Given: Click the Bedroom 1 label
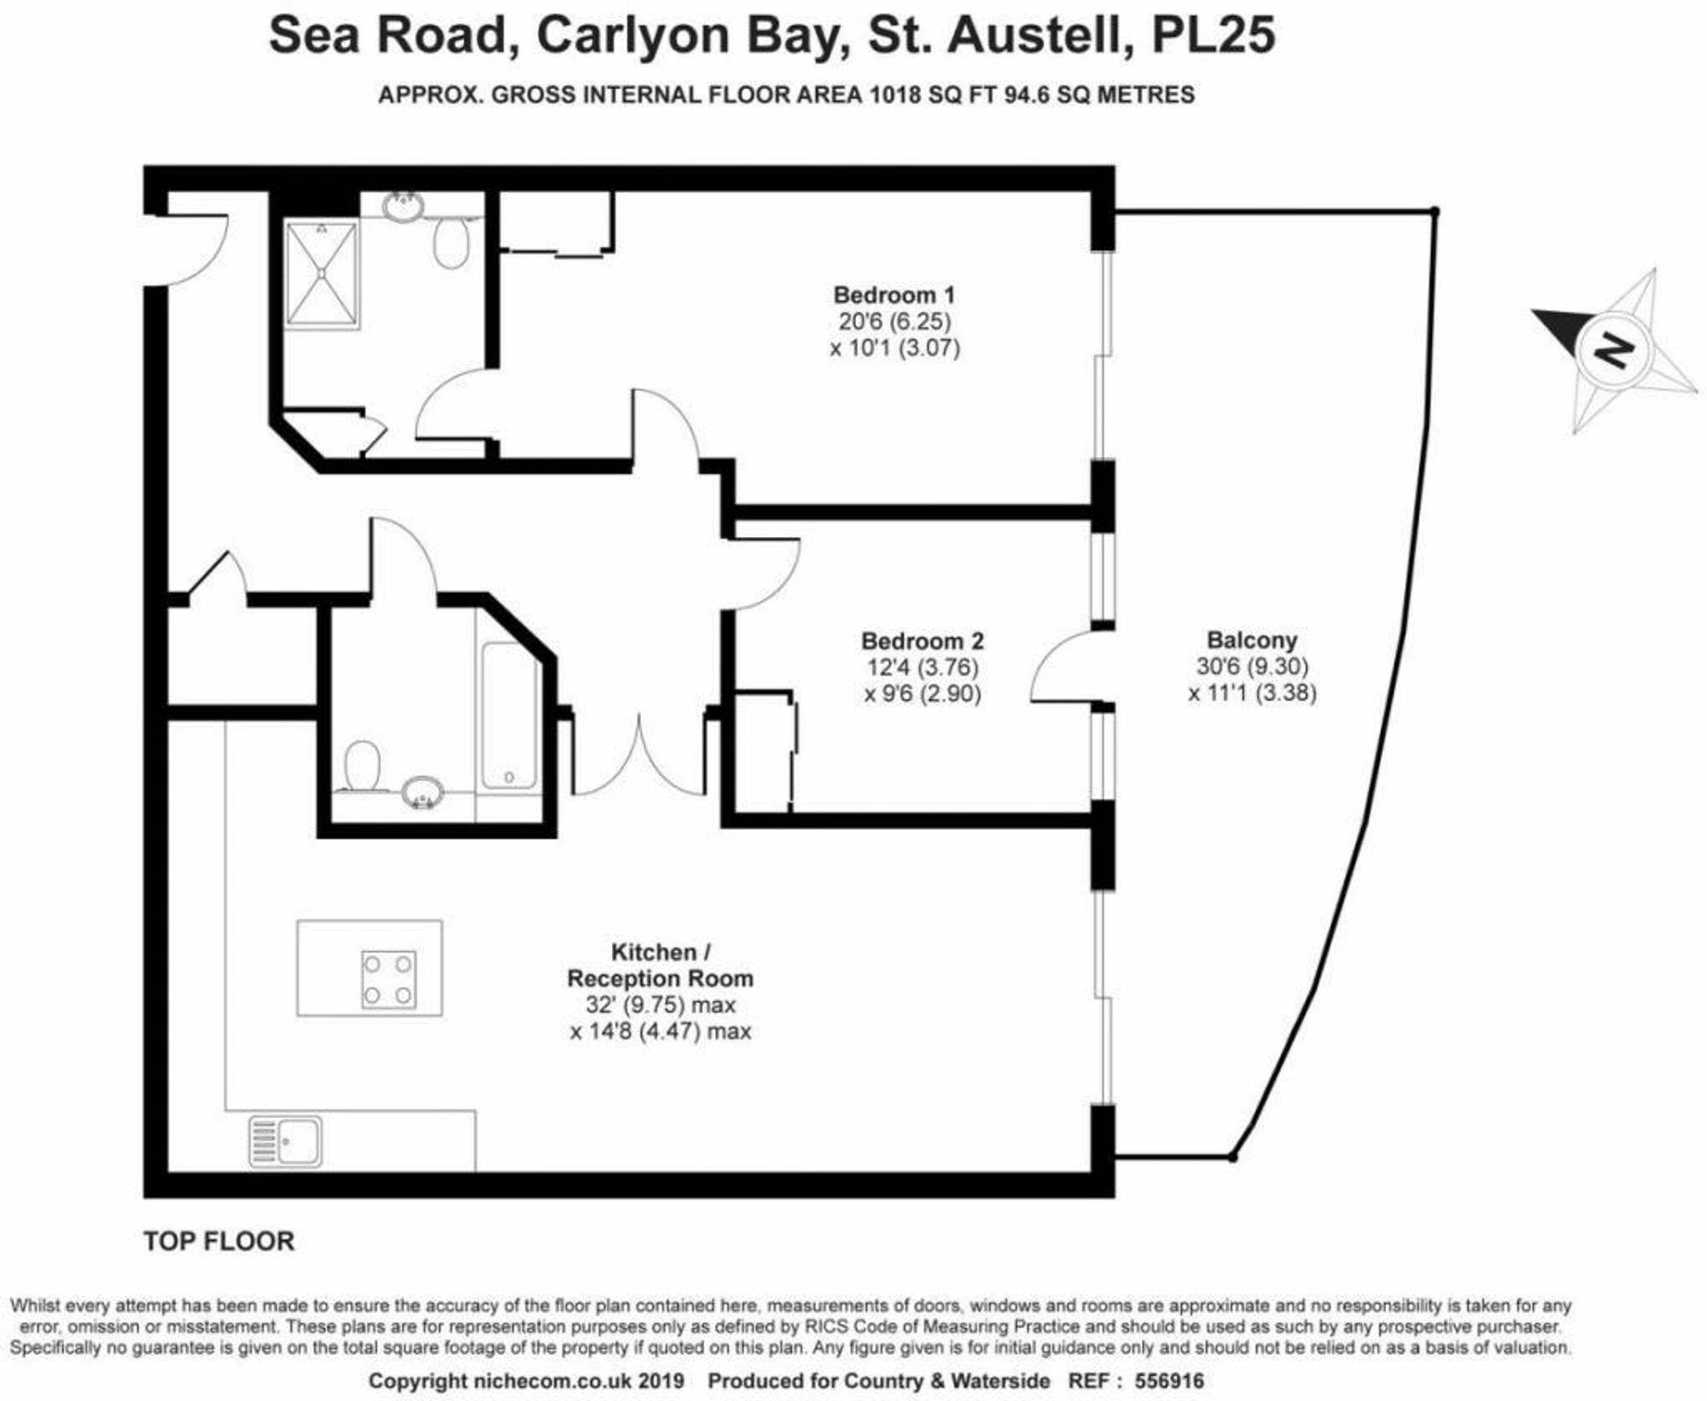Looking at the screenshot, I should (894, 295).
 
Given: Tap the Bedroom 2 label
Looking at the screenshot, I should (922, 640).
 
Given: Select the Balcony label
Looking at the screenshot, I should (1251, 639).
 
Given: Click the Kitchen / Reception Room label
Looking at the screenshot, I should (660, 965).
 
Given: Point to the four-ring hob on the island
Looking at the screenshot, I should (388, 980).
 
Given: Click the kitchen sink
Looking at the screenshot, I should (286, 1141).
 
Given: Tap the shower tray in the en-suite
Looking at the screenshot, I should (322, 274).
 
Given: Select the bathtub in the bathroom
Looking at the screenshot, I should (509, 715).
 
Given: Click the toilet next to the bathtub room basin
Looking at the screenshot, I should (362, 765).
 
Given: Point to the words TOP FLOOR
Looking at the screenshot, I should (218, 1240).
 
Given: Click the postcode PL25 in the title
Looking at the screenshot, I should (1213, 36).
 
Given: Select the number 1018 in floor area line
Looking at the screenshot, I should (895, 95).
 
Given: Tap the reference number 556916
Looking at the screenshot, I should (1168, 1381).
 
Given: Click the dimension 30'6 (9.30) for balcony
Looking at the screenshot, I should (1251, 666).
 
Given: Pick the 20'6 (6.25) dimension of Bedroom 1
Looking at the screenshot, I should (894, 322).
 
